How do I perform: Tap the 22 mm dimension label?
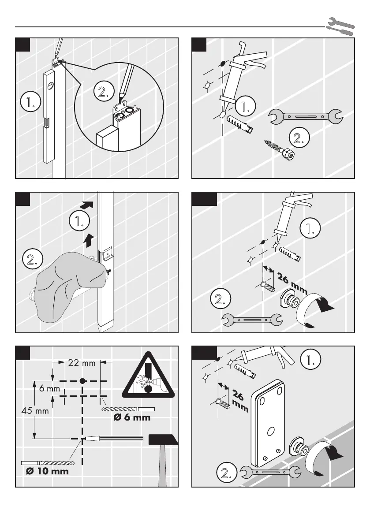(82, 363)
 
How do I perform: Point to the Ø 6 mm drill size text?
(132, 417)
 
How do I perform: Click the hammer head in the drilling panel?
(163, 439)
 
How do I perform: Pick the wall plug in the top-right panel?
(240, 126)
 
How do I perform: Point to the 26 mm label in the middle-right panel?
(292, 283)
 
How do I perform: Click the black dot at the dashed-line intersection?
(82, 380)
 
